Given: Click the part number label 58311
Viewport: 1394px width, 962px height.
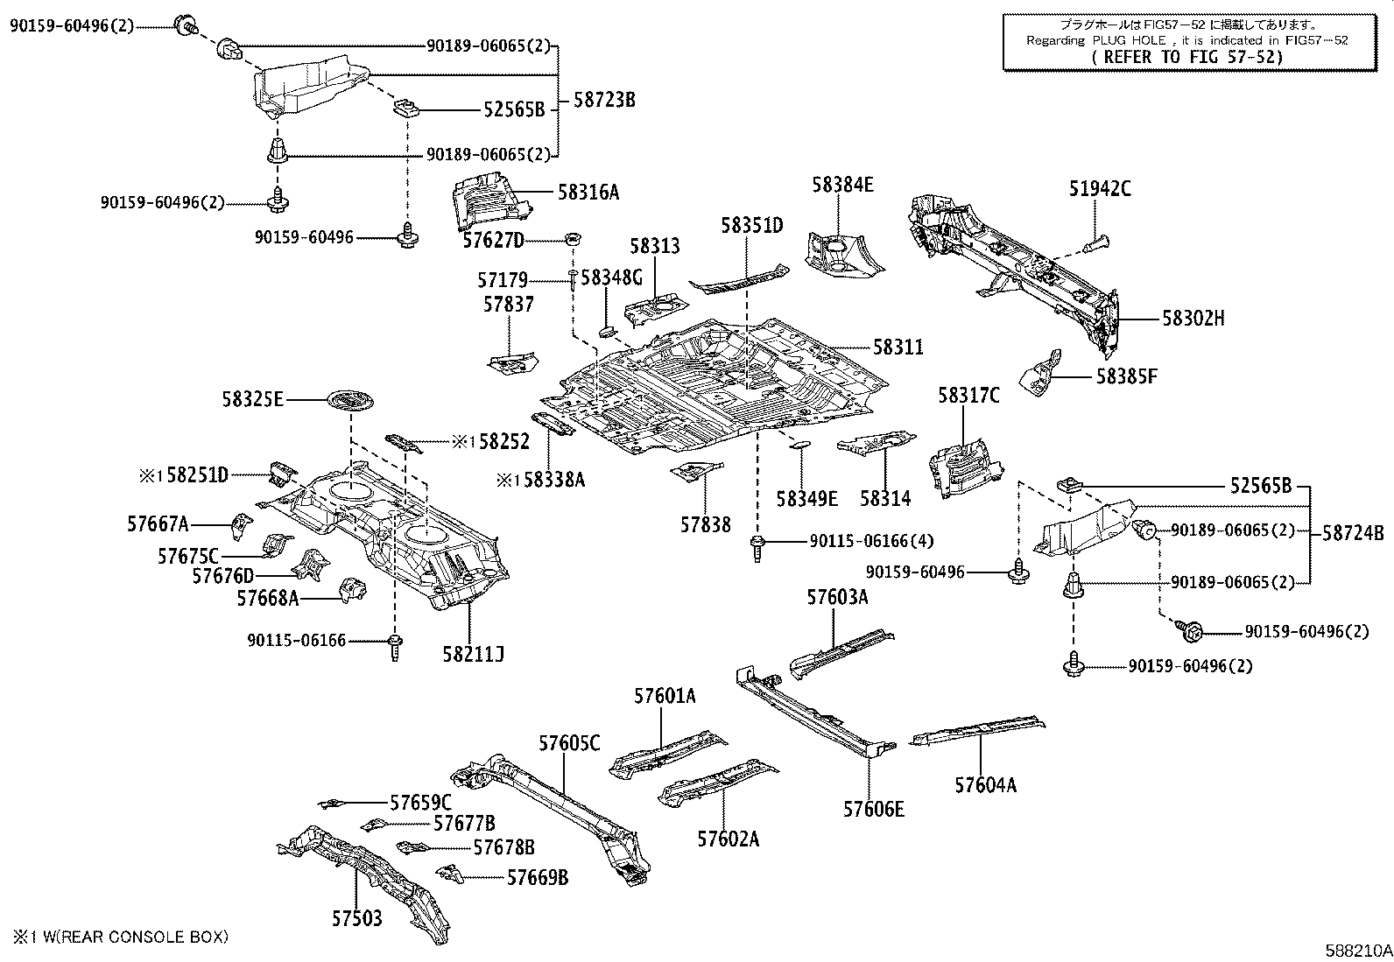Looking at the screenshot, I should point(898,348).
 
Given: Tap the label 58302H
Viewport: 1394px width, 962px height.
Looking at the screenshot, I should point(1193,319).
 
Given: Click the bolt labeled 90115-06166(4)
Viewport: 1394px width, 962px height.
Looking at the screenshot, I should point(757,549).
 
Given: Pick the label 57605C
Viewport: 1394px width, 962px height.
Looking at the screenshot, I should point(569,743).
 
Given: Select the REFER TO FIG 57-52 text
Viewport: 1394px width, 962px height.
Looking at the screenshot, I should point(1187,56).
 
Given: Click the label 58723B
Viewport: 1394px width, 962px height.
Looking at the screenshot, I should point(604,100).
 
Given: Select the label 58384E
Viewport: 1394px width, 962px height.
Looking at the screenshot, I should point(841,185).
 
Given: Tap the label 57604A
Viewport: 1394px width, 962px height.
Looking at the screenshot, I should point(985,785).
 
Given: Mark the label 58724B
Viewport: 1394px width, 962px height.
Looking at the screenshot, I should point(1353,531).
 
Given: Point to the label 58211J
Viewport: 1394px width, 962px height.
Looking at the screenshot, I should point(473,653).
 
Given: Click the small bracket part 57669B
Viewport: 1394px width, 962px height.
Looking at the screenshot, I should point(449,872).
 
